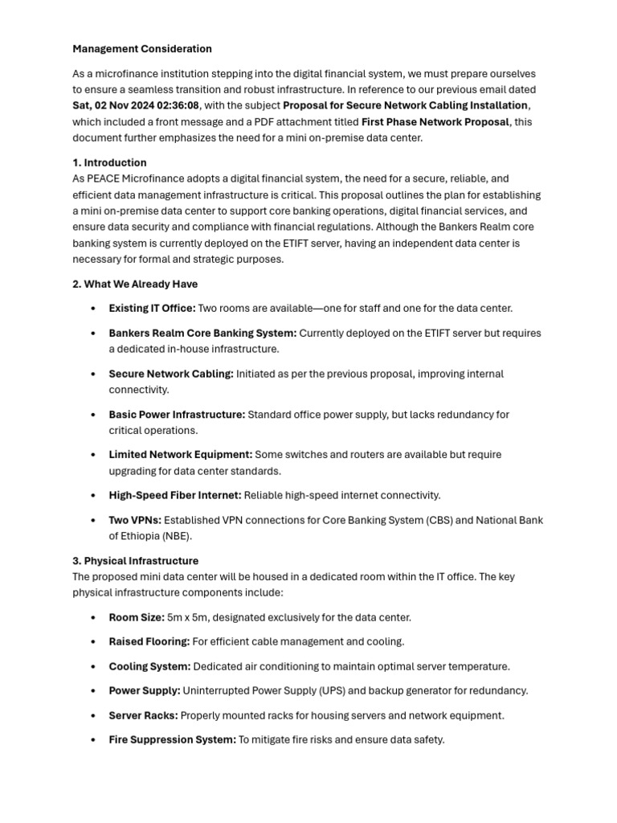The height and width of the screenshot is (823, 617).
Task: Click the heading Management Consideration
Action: click(142, 49)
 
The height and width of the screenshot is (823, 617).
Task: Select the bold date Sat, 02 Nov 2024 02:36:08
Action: click(136, 105)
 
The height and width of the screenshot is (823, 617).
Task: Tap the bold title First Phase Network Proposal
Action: click(435, 122)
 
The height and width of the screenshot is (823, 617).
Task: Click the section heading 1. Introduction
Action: click(109, 162)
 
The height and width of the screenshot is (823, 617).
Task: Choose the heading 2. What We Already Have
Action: click(135, 284)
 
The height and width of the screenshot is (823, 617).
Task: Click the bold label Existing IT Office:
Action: click(152, 309)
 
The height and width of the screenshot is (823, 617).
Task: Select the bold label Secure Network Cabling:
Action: click(171, 374)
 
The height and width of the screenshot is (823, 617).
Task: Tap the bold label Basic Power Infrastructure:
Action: click(177, 415)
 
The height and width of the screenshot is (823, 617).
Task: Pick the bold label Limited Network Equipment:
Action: click(181, 455)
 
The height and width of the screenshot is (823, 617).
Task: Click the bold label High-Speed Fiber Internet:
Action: click(174, 495)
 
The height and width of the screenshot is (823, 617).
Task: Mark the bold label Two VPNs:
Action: click(135, 520)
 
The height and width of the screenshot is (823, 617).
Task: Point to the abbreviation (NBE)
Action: click(174, 536)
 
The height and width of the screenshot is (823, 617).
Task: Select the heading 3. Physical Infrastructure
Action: click(135, 561)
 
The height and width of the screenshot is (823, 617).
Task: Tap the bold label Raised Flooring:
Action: click(149, 641)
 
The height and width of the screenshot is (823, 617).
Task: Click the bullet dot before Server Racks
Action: click(94, 715)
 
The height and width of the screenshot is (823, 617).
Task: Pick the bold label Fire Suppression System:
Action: click(172, 739)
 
